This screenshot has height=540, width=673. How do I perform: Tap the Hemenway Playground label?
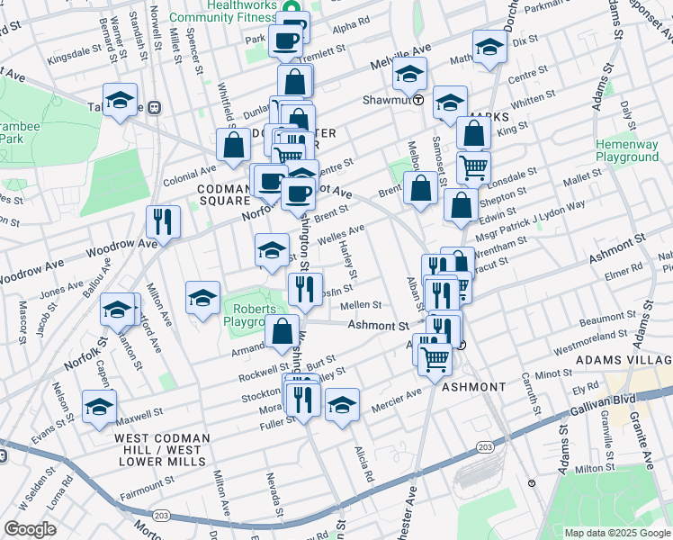point(627,150)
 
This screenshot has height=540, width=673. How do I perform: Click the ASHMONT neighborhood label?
point(473,387)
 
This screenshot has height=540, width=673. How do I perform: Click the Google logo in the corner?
point(30,529)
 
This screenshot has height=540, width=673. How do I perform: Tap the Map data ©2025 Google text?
point(617,533)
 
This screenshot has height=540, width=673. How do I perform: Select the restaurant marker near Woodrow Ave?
point(163,221)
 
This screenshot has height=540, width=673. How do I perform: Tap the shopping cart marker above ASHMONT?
point(435,359)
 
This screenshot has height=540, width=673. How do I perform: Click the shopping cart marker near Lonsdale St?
point(473,167)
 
